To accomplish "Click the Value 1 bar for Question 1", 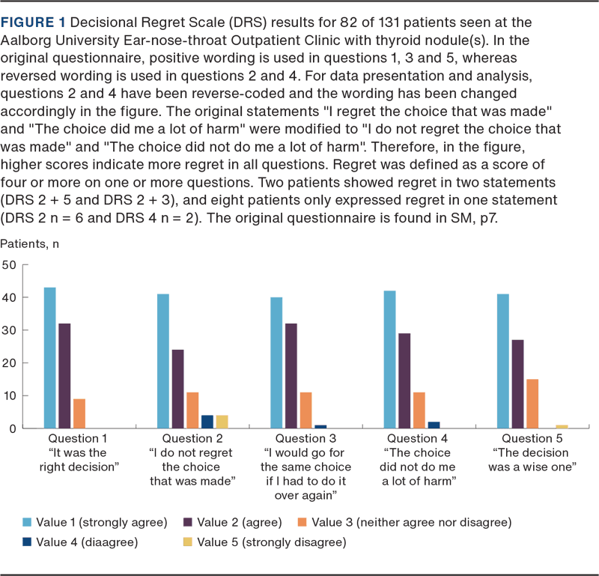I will coord(49,357).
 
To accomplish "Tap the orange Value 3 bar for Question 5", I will coord(531,403).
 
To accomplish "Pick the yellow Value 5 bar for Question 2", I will coord(221,421).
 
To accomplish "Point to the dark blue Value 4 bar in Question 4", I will coord(433,425).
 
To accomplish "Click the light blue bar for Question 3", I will coord(277,363).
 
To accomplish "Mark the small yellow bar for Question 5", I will coord(561,426).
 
